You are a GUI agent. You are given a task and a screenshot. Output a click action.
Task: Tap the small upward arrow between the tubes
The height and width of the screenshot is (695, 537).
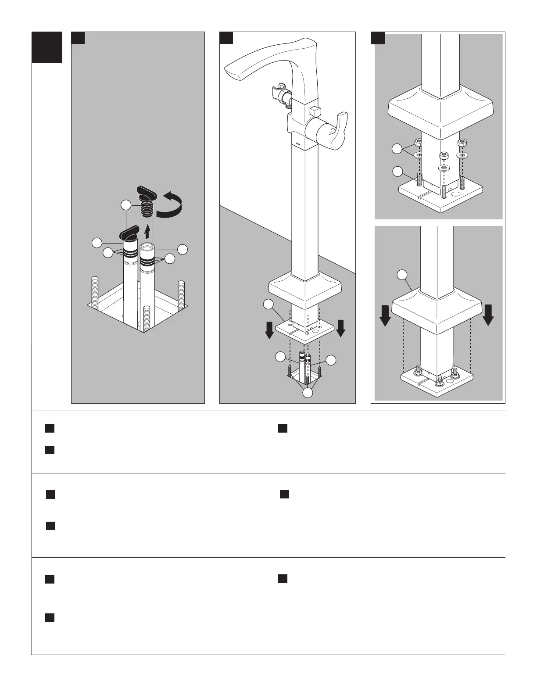pos(147,231)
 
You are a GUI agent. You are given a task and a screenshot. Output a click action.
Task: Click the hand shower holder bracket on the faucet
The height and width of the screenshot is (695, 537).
pos(277,93)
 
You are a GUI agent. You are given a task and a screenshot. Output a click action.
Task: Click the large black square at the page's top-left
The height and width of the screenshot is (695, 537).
pos(47,47)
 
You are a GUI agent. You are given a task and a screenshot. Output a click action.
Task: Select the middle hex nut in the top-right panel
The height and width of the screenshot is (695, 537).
pos(444,155)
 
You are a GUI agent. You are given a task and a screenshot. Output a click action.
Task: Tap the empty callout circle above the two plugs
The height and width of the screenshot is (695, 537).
pos(126,205)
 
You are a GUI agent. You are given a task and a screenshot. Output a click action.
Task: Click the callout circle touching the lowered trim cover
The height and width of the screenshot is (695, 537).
pos(402,275)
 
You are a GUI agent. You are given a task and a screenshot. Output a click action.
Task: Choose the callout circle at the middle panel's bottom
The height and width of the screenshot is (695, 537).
pos(308,393)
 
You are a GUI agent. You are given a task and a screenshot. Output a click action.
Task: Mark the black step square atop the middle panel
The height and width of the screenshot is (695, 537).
pos(226,38)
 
